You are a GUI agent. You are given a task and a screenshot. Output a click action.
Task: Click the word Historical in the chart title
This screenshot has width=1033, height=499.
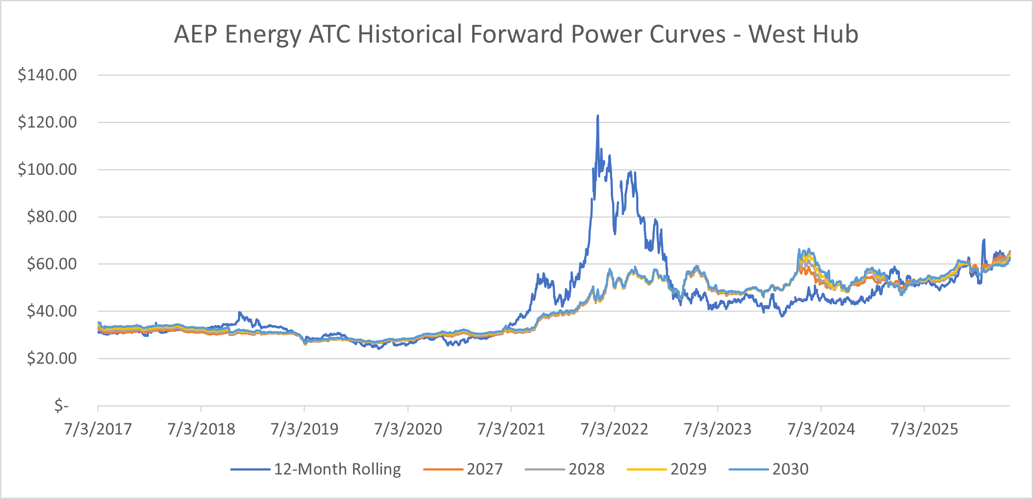410,34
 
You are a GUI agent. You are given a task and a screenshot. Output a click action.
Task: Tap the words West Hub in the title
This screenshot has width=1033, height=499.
803,34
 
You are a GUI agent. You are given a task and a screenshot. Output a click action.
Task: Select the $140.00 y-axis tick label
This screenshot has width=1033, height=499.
47,75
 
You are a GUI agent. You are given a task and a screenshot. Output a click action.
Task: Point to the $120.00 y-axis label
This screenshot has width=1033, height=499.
47,122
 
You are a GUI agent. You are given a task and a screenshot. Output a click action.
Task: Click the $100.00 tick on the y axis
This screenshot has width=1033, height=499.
47,170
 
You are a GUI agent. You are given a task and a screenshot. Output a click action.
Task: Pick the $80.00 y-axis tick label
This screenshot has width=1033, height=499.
52,217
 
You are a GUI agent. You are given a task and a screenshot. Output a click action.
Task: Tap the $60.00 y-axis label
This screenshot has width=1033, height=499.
52,264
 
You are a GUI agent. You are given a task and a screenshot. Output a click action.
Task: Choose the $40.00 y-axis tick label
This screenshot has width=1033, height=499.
52,311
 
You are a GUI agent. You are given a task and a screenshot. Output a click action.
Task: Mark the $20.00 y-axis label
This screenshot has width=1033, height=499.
52,359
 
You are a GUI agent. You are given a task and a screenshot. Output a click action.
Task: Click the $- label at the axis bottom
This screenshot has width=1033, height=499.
62,406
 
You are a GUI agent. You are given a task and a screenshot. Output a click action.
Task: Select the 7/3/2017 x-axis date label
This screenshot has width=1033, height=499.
98,429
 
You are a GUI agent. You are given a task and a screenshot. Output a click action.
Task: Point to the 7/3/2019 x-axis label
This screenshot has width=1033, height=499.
305,429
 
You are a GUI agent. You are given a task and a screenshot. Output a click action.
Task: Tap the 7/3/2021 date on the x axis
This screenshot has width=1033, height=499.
511,429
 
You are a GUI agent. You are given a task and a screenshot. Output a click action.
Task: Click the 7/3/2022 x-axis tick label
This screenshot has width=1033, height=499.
614,429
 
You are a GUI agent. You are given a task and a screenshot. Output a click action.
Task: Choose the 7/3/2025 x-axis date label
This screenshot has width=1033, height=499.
924,429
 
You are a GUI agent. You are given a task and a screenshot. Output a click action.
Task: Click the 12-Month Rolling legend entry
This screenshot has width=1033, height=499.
315,470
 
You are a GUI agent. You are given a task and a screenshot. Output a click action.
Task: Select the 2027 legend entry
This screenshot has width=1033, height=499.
463,470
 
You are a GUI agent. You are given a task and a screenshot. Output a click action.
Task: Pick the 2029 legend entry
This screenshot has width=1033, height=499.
666,470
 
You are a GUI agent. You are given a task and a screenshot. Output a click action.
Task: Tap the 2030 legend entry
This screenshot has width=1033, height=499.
769,470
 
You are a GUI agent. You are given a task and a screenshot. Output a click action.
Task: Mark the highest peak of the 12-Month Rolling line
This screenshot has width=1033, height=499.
598,116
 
